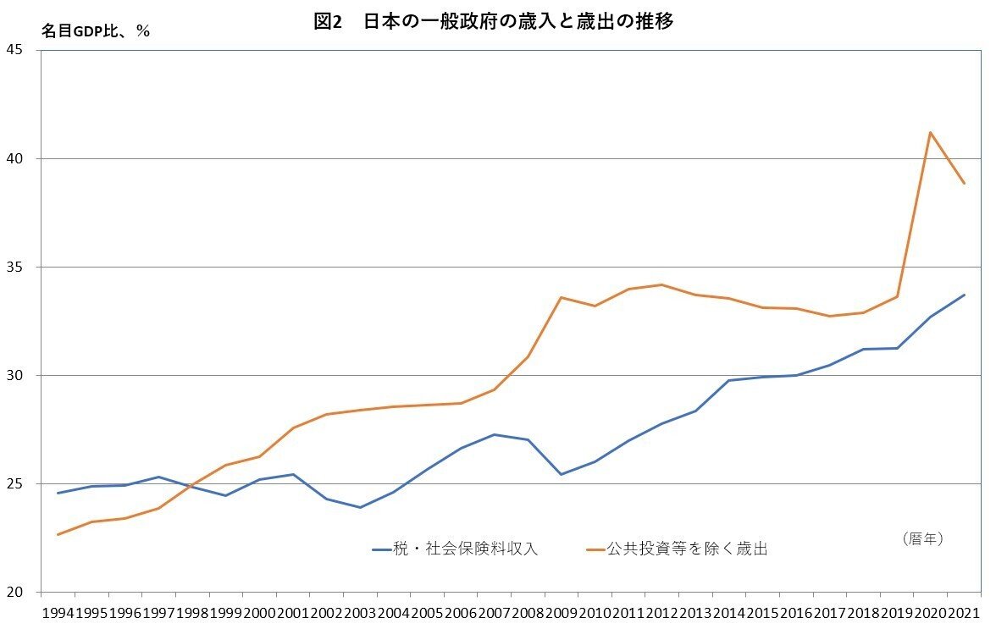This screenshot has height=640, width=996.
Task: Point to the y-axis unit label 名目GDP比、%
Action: (96, 30)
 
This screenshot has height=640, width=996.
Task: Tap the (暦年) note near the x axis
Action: (921, 538)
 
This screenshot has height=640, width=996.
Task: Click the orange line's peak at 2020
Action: (931, 132)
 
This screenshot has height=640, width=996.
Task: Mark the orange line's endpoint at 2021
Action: (964, 183)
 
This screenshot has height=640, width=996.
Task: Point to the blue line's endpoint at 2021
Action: (964, 295)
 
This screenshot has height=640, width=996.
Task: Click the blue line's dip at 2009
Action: (561, 474)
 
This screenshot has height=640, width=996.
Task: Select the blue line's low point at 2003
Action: (359, 507)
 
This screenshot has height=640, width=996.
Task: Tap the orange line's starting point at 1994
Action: (58, 534)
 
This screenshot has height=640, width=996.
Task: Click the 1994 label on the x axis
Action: (58, 612)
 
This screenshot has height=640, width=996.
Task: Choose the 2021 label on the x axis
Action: (964, 612)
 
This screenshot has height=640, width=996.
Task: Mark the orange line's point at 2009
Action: (561, 297)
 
